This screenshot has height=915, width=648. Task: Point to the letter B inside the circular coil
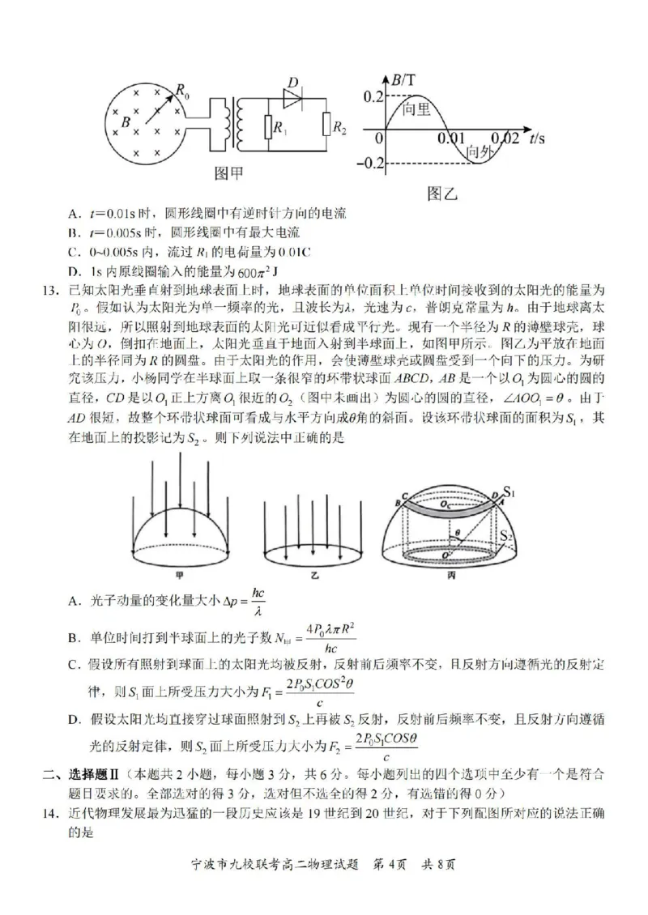click(x=126, y=122)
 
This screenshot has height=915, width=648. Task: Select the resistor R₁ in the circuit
click(x=267, y=127)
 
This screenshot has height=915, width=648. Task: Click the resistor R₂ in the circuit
click(x=326, y=125)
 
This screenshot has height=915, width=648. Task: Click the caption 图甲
click(x=229, y=172)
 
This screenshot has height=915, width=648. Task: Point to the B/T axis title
click(x=403, y=79)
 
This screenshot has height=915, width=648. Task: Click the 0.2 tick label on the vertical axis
click(x=373, y=97)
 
